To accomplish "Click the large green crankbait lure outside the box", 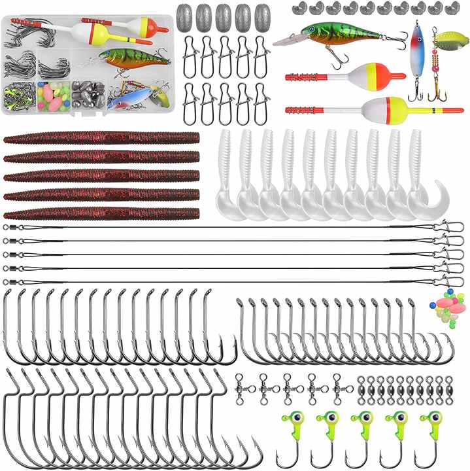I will (x=333, y=35).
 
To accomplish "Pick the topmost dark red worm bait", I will (x=101, y=138).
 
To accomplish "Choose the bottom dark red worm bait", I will (x=101, y=213).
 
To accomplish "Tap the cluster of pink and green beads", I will (x=444, y=304).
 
